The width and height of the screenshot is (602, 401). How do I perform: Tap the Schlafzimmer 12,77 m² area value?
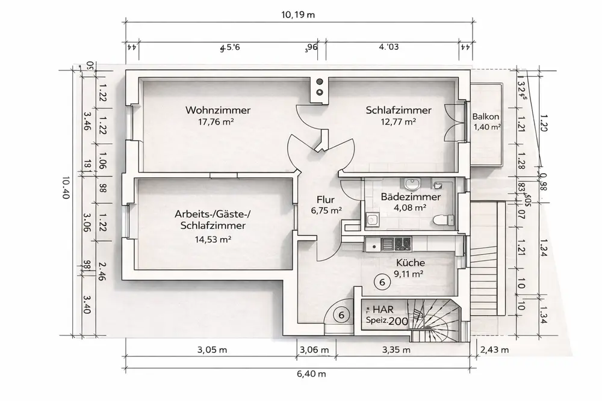coord(399,121)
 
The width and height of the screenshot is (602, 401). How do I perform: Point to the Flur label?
coord(326,200)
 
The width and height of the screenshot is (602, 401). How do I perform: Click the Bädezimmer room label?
coord(411,197)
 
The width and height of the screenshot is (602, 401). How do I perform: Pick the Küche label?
coord(411,263)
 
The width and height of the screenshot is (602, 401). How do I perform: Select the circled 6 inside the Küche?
coord(380,280)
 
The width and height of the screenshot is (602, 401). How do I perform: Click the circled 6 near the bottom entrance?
coord(341,314)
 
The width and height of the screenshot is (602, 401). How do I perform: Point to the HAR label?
coord(383,309)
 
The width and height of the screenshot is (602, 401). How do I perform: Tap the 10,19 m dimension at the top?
coord(299,14)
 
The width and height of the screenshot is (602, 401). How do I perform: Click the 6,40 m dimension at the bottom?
coord(311,374)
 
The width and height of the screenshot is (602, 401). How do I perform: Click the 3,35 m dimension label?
coord(397,350)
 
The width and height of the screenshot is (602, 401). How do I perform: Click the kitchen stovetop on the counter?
coord(402,243)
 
